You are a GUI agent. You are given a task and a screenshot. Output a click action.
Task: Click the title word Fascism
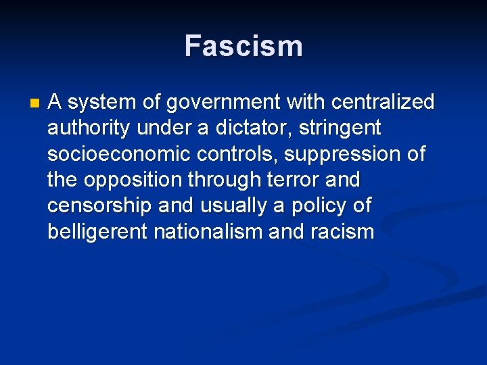click(x=243, y=47)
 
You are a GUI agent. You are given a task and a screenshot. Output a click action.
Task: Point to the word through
click(x=218, y=180)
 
